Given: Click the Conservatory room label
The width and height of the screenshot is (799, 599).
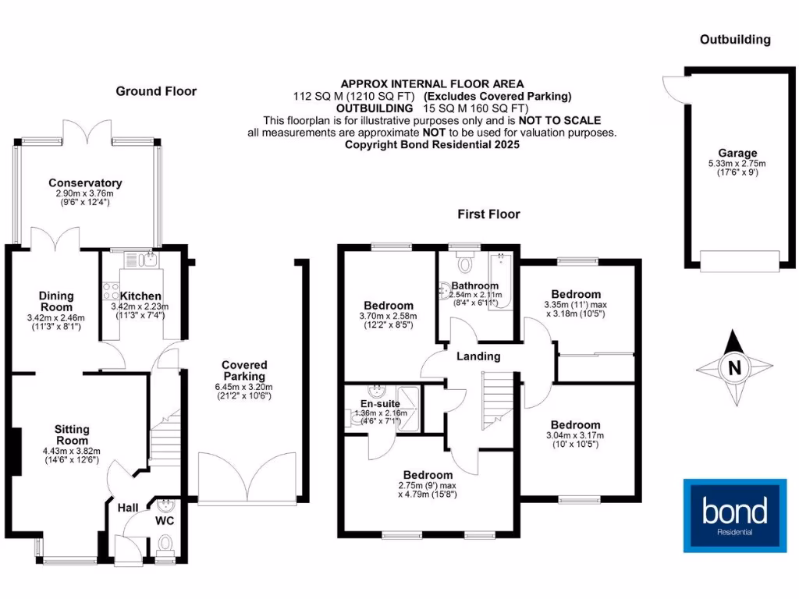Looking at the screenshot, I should click(x=84, y=183).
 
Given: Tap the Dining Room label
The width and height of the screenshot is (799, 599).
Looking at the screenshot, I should click(x=56, y=302).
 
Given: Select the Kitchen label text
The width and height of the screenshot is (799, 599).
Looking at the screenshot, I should click(x=141, y=296).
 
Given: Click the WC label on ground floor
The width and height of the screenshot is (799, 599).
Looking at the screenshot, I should click(x=165, y=519).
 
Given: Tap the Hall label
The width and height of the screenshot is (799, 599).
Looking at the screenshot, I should click(x=128, y=508).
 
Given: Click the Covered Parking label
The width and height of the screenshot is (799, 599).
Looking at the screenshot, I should click(x=244, y=370).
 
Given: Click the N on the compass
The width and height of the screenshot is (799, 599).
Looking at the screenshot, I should click(x=734, y=367).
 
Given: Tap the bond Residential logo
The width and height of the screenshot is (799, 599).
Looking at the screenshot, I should click(x=734, y=516).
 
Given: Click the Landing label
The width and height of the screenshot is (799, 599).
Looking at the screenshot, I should click(x=478, y=356).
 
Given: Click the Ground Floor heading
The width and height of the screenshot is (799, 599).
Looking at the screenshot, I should click(x=156, y=91).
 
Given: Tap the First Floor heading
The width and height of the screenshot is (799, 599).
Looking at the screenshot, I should click(x=488, y=214).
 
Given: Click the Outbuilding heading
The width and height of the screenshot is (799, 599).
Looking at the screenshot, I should click(x=735, y=40).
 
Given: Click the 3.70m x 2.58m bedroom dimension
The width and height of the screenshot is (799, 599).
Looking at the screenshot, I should click(x=388, y=316).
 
